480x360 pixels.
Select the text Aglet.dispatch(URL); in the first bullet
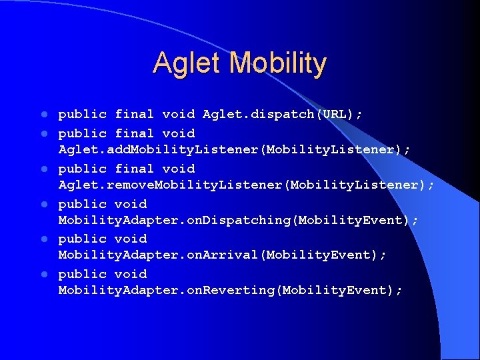[283, 114]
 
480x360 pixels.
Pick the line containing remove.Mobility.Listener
[246, 185]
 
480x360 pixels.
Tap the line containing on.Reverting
[231, 290]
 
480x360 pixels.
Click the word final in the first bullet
[134, 114]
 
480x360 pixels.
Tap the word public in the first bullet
[82, 114]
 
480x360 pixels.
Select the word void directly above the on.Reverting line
[131, 274]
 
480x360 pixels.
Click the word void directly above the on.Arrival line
[131, 239]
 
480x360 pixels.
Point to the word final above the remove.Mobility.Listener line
[134, 169]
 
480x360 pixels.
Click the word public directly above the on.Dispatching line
[82, 204]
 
